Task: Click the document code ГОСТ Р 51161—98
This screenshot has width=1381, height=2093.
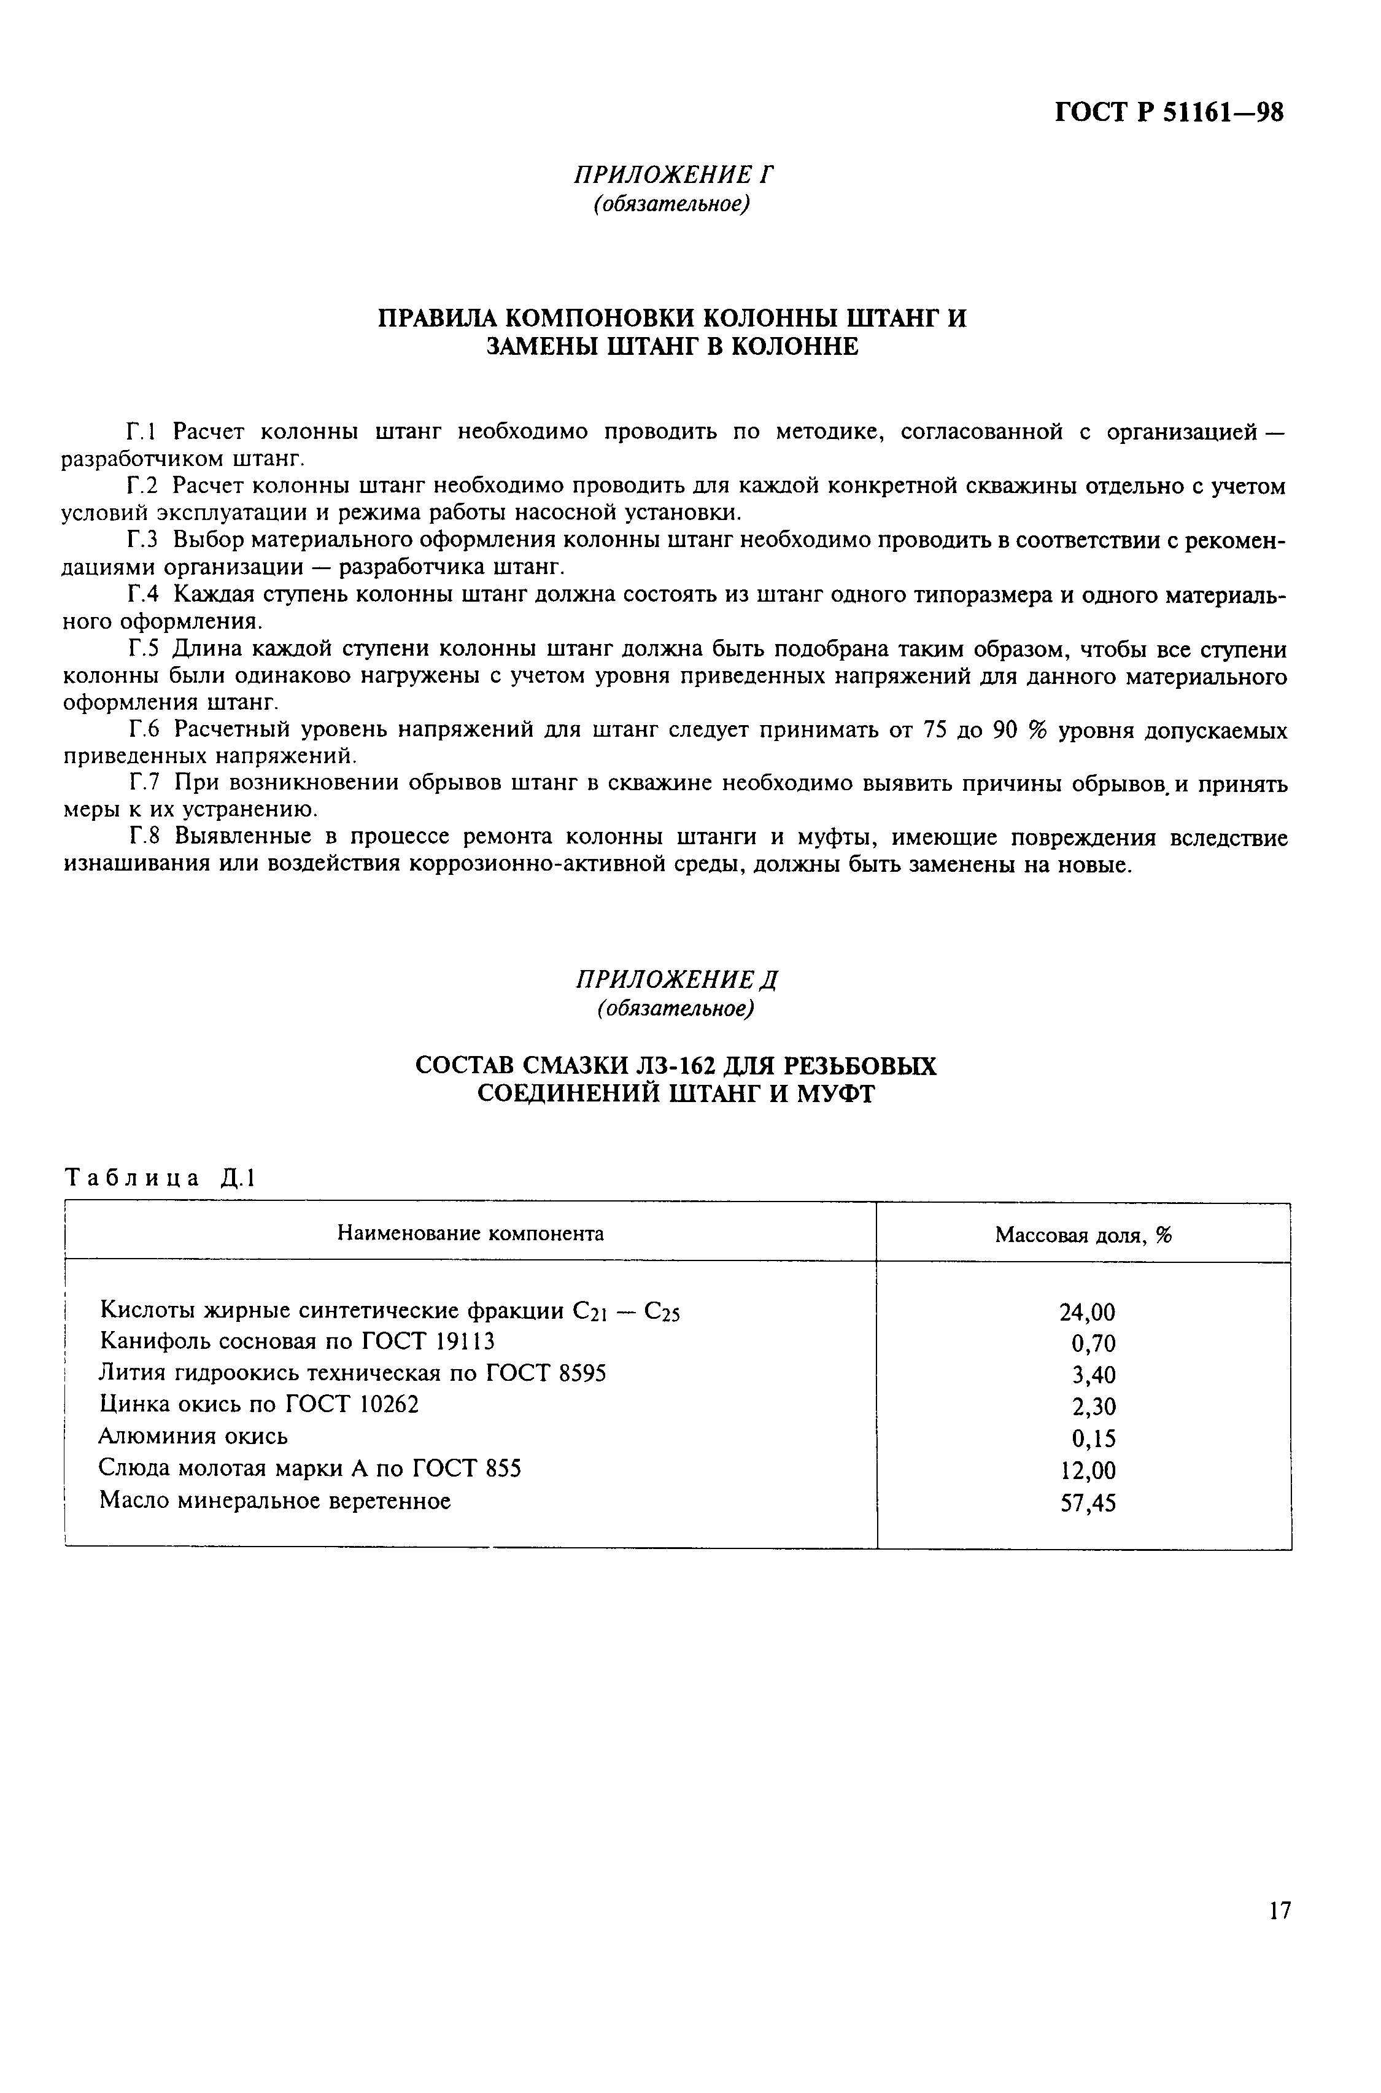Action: [1169, 113]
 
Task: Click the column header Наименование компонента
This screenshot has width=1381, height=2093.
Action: [470, 1233]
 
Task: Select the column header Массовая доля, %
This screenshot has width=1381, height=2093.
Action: [1083, 1235]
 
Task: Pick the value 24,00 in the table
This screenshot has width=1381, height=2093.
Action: [1087, 1313]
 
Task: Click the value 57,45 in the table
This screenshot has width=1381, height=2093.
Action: [1088, 1503]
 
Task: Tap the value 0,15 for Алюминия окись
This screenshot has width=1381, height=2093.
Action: [1093, 1439]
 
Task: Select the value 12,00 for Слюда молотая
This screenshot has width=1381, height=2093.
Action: [1088, 1470]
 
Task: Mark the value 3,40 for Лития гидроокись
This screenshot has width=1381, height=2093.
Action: [1093, 1375]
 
